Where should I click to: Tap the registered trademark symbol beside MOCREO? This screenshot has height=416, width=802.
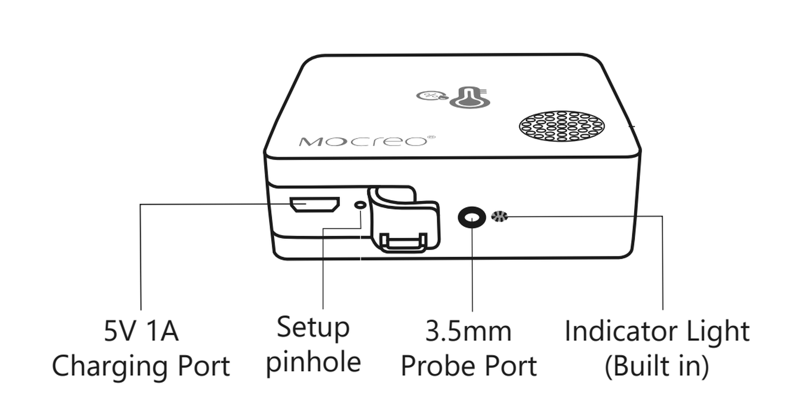[x=432, y=137]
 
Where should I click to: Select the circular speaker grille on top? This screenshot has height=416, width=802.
[x=562, y=126]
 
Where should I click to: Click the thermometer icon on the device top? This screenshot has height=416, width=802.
[x=470, y=97]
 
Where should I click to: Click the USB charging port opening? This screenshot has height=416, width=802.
[x=315, y=205]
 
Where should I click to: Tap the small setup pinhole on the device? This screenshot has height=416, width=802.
[x=360, y=205]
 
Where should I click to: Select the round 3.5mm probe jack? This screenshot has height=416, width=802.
[x=472, y=217]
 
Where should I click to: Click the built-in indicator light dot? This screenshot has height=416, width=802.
[x=499, y=216]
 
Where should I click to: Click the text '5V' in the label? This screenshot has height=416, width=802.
[x=121, y=331]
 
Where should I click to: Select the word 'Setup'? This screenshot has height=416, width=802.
[x=313, y=328]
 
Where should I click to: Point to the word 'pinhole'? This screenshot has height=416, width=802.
[x=314, y=363]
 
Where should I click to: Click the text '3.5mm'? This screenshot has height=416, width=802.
[x=468, y=331]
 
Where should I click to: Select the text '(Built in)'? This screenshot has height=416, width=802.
[x=657, y=366]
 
